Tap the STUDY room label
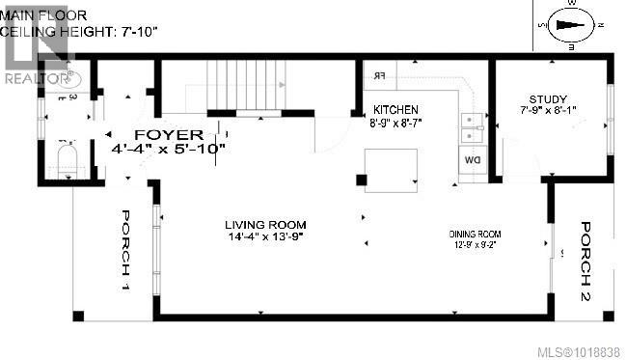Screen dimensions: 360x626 click(547, 98)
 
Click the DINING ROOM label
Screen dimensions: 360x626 click(480, 235)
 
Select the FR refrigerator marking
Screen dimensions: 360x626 click(379, 74)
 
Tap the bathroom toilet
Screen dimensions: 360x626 click(67, 160)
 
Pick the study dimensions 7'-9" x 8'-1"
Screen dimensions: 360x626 click(547, 112)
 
